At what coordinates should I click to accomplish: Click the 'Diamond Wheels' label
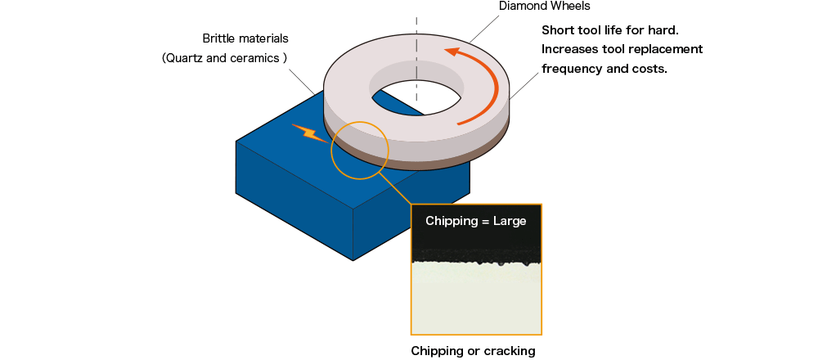click(x=544, y=7)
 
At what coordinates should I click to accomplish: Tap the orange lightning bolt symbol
click(x=308, y=132)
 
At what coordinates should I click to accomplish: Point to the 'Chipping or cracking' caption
click(x=473, y=351)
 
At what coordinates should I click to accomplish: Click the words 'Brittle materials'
click(x=246, y=38)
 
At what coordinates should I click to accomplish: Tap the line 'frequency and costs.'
click(x=605, y=69)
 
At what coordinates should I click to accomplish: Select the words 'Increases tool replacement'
click(x=622, y=49)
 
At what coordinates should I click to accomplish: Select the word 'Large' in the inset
click(x=508, y=221)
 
